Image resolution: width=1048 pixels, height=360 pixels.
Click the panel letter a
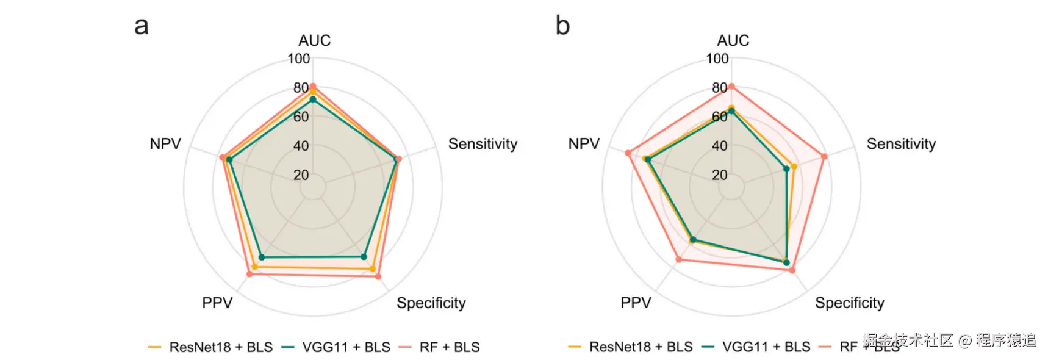[x=142, y=26]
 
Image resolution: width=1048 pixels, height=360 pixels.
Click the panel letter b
[x=562, y=26]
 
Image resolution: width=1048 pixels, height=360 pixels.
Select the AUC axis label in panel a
[x=314, y=40]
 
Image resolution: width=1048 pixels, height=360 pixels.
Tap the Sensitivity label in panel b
[x=901, y=144]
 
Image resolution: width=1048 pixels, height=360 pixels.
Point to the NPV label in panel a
[x=165, y=144]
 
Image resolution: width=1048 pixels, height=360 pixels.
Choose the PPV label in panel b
[x=636, y=303]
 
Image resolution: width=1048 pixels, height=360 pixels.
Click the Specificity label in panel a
[x=431, y=303]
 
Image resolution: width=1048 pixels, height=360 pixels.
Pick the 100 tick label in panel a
[x=299, y=59]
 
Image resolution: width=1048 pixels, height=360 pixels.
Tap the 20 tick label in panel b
[x=720, y=175]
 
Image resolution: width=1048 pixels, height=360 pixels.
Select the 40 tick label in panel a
[x=301, y=146]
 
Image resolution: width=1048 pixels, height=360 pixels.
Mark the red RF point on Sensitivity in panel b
[x=824, y=157]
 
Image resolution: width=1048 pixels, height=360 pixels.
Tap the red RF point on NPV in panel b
[x=628, y=153]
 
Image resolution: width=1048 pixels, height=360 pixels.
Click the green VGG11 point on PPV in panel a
[x=262, y=257]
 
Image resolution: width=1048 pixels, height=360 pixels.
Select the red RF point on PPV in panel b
[x=679, y=260]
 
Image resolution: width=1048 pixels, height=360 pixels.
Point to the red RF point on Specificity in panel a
[x=378, y=276]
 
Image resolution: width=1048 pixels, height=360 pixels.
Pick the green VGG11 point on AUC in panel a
[x=313, y=99]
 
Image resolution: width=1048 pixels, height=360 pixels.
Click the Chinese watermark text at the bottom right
[x=949, y=340]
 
